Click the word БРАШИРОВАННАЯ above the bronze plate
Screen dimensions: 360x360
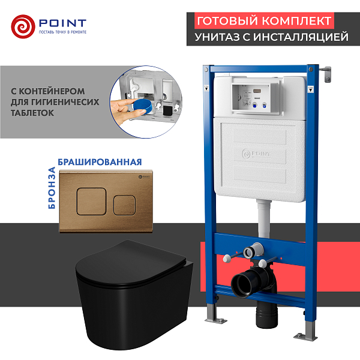[x=100, y=162]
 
